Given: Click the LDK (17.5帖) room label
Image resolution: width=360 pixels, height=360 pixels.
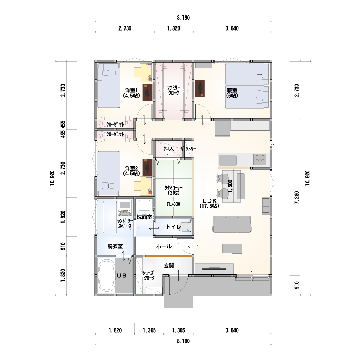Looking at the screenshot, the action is (x=209, y=203).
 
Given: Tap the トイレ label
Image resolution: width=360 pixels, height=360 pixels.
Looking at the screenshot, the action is (x=174, y=227).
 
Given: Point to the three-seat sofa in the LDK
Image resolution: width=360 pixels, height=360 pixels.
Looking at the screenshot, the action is (x=232, y=224).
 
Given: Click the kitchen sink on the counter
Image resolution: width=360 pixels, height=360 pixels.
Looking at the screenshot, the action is (x=227, y=160).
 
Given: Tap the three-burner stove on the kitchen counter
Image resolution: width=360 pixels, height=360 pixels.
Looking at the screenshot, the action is (x=260, y=159).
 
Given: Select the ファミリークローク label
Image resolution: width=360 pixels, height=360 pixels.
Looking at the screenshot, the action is (x=174, y=90).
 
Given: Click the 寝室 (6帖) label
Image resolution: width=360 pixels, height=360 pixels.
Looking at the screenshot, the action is (x=232, y=93).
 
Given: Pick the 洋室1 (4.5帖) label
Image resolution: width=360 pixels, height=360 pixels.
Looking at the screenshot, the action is (x=131, y=93).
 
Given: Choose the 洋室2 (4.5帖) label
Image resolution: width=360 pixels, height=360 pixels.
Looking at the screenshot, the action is (x=131, y=171).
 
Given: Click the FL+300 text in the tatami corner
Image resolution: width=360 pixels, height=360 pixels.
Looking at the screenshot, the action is (x=174, y=204).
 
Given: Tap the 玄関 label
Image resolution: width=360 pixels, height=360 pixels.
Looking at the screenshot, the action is (x=169, y=266).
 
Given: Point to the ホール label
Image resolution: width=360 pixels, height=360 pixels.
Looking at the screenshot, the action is (x=164, y=246).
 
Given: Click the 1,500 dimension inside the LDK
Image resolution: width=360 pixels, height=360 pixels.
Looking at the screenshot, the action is (x=230, y=186).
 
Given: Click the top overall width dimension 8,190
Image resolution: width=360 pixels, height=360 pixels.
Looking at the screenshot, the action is (x=183, y=18).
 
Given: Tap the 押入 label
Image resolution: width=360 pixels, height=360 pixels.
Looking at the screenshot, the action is (x=168, y=149).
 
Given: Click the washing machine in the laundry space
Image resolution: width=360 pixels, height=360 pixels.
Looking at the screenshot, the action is (x=125, y=208).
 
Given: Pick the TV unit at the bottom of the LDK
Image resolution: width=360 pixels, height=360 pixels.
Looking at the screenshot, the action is (x=214, y=268).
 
